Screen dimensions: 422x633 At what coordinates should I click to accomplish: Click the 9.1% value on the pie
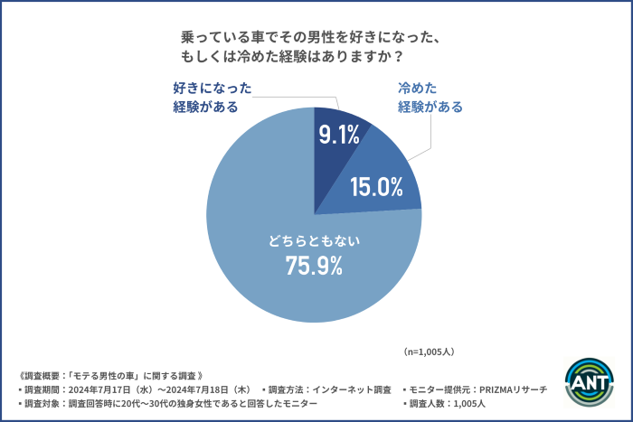click(339, 136)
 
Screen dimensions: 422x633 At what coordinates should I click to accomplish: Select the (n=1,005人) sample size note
click(428, 350)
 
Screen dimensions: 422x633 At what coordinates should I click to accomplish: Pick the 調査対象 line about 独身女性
click(167, 404)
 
